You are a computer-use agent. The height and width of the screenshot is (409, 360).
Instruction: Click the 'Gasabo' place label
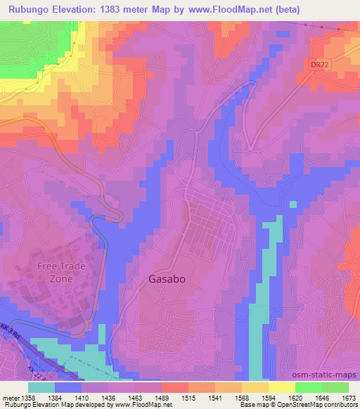click(167, 278)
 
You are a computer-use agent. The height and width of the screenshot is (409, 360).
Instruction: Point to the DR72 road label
click(319, 64)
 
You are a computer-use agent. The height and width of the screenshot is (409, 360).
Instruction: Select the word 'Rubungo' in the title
click(32, 11)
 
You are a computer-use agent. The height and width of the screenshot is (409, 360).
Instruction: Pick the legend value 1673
click(348, 397)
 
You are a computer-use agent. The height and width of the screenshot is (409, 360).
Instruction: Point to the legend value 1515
click(188, 397)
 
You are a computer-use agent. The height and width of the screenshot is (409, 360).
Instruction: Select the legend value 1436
click(108, 397)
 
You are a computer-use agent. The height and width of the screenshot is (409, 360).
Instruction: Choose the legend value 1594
click(269, 397)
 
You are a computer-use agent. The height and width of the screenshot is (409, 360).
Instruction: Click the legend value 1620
click(295, 397)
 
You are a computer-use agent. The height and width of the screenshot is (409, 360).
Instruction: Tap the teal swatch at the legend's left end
click(41, 387)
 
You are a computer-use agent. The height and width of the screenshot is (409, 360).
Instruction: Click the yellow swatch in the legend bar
click(281, 387)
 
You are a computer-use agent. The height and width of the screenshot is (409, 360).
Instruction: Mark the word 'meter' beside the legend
click(9, 397)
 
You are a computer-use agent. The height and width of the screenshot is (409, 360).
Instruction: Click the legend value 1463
click(135, 397)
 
